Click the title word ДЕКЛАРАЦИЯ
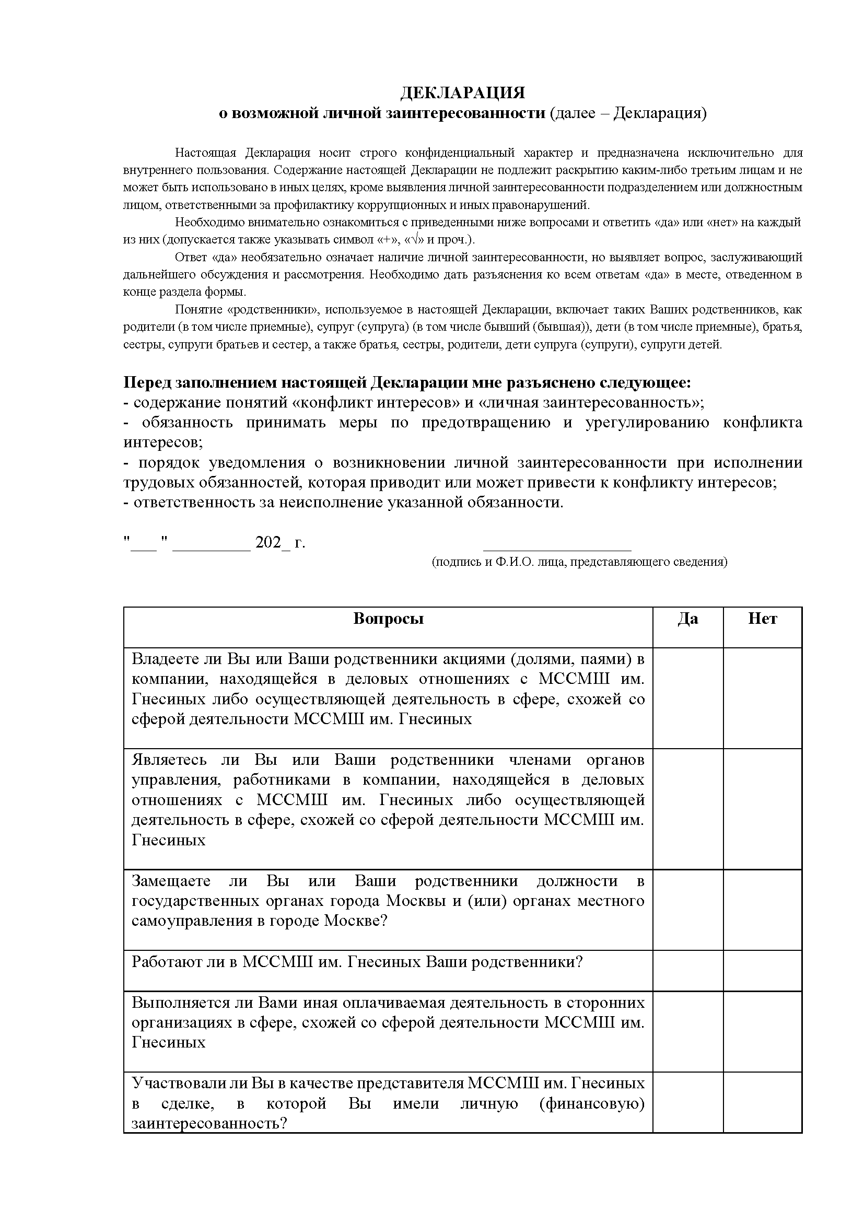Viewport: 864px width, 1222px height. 462,93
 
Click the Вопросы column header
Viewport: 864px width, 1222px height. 388,619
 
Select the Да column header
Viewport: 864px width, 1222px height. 687,619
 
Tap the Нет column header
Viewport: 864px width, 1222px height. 762,619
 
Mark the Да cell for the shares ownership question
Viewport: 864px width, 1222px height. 687,698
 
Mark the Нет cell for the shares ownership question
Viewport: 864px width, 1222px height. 762,698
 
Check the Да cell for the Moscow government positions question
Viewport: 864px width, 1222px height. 687,910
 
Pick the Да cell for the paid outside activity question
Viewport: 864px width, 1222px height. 687,1031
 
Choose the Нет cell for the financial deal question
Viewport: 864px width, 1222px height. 762,1102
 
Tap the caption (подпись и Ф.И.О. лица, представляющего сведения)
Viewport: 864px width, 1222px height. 579,562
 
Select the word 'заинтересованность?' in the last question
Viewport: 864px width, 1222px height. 209,1124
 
